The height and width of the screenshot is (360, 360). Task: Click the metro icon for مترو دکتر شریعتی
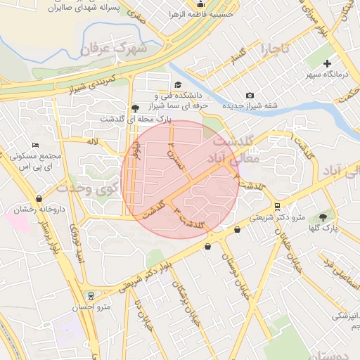[278, 206]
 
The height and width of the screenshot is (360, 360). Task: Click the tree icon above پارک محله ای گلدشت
[134, 108]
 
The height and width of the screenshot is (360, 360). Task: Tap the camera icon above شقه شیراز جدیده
[250, 96]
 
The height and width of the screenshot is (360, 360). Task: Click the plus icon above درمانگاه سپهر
[326, 63]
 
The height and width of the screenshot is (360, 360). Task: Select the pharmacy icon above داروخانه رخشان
[39, 198]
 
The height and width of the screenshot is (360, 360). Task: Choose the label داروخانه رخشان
[39, 210]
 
